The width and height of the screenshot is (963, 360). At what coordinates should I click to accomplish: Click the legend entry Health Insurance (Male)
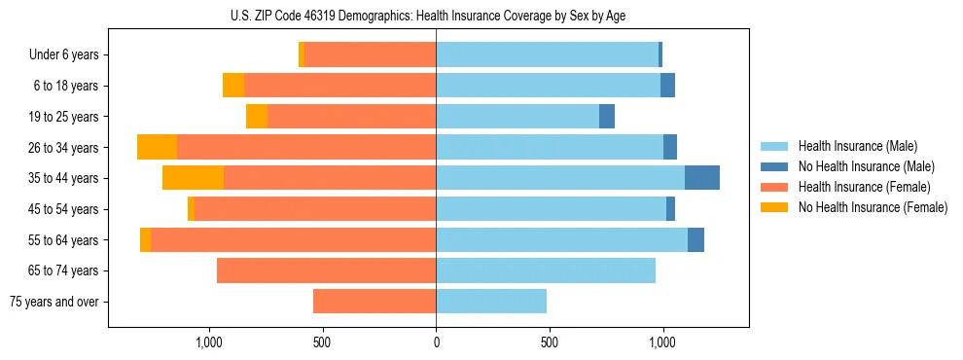(x=857, y=146)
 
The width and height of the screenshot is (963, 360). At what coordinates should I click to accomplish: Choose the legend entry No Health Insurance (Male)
(x=866, y=166)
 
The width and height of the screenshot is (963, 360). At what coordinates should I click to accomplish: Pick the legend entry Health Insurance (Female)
(x=864, y=187)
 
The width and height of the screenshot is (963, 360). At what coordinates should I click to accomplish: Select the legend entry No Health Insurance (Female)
(x=873, y=207)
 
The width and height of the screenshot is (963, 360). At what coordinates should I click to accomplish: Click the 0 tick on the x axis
(x=436, y=342)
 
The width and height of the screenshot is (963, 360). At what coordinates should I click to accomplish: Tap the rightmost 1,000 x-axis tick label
(x=662, y=342)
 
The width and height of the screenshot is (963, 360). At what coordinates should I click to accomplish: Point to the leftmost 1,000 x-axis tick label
(x=209, y=342)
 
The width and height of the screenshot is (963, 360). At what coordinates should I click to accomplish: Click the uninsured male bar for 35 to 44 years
(x=702, y=178)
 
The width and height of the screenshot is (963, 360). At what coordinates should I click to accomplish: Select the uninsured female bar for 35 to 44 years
(x=193, y=178)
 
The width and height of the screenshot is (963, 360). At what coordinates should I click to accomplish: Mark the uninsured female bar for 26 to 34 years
(x=157, y=147)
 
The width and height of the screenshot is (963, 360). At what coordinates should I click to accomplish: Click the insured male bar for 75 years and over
(x=491, y=302)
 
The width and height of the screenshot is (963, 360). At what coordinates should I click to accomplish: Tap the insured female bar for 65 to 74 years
(x=326, y=270)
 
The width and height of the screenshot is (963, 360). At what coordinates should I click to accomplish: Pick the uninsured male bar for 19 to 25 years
(x=607, y=116)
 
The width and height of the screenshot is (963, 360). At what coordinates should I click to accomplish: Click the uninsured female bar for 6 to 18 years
(x=233, y=86)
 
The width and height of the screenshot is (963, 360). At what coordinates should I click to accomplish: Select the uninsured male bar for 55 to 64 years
(x=695, y=239)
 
